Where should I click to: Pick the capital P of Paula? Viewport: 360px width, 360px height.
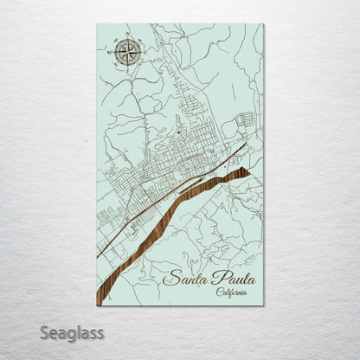pos(213,278)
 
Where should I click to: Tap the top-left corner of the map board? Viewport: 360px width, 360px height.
pos(97,24)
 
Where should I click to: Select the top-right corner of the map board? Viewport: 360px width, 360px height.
pos(263,24)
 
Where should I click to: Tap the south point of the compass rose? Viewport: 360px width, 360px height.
pos(128,67)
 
